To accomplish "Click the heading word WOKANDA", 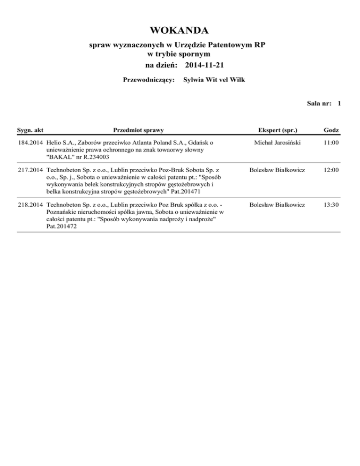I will (x=180, y=31).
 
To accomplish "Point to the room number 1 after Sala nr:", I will (x=338, y=104).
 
